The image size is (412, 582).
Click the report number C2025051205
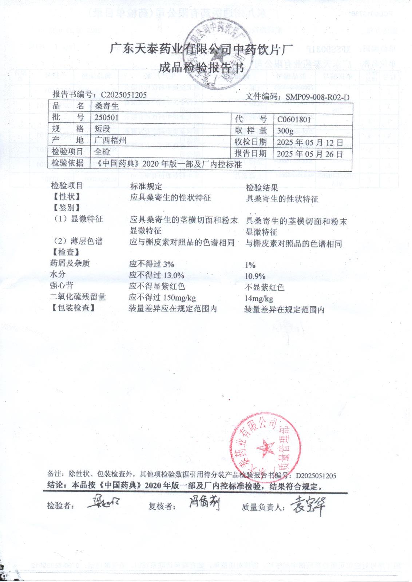pyautogui.click(x=124, y=95)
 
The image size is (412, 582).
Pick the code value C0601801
pyautogui.click(x=294, y=120)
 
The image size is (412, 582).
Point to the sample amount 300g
pyautogui.click(x=285, y=131)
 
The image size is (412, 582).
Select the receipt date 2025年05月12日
pyautogui.click(x=310, y=142)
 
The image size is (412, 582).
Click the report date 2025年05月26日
pyautogui.click(x=310, y=154)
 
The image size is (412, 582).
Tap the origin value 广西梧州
pyautogui.click(x=110, y=140)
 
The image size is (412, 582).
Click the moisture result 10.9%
pyautogui.click(x=255, y=277)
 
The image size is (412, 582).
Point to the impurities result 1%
pyautogui.click(x=250, y=265)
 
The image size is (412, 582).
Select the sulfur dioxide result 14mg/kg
pyautogui.click(x=259, y=299)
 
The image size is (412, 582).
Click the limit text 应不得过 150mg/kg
pyautogui.click(x=162, y=298)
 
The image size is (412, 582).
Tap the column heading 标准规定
pyautogui.click(x=146, y=187)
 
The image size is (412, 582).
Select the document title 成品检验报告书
pyautogui.click(x=201, y=68)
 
